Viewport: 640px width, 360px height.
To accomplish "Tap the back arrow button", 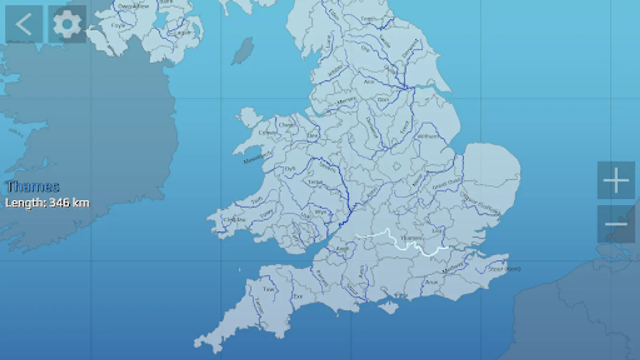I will pos(24,24).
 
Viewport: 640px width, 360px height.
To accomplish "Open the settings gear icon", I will pos(67,24).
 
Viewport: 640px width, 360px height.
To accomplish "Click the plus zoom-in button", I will pos(616,180).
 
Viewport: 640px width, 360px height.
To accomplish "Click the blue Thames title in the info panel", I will pos(33,186).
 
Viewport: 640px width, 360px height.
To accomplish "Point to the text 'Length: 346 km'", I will pos(47,203).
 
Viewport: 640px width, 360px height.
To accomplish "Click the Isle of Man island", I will pos(243,51).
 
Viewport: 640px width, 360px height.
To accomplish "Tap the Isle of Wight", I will pos(388,307).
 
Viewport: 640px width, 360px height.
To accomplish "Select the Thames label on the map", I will pos(411,238).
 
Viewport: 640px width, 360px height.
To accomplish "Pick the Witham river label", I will pos(428,136).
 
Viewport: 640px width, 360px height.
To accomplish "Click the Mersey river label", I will pos(346,101).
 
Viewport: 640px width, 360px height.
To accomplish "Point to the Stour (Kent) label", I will pos(504,269).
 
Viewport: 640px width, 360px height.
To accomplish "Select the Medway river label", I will pos(453,268).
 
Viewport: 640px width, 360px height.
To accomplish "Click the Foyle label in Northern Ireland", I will pos(118,26).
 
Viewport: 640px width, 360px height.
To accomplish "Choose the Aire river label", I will pos(369,82).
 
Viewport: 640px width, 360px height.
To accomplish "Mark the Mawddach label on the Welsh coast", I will pos(257,157).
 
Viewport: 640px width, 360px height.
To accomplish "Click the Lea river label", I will pos(437,231).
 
